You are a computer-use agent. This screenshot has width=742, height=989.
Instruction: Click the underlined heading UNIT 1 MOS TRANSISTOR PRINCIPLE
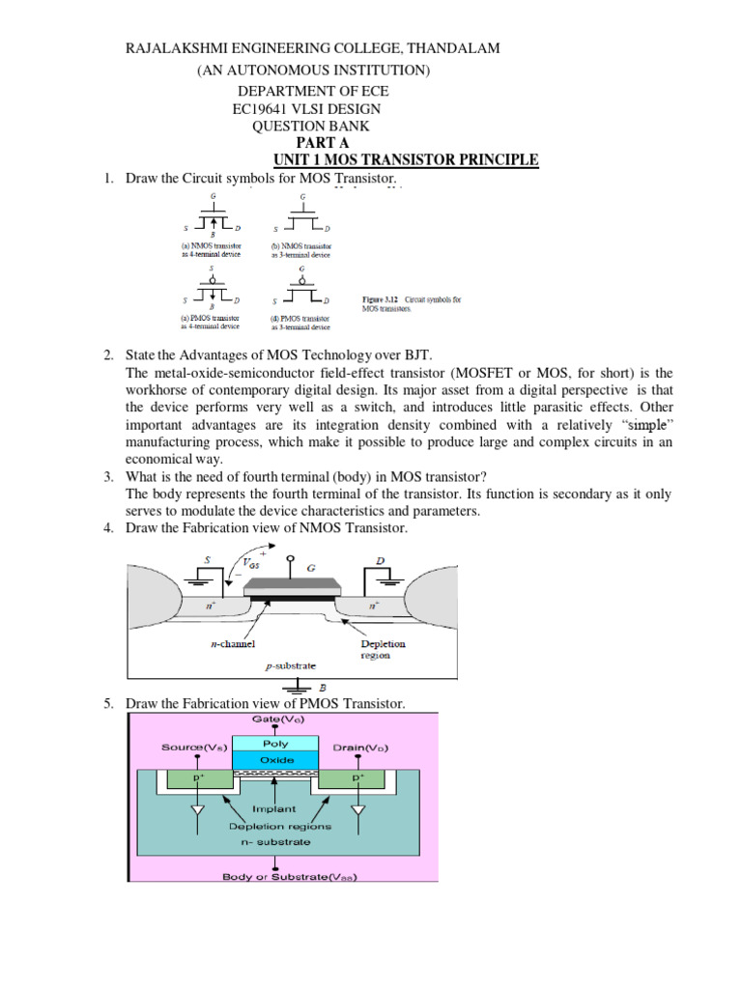[x=406, y=160]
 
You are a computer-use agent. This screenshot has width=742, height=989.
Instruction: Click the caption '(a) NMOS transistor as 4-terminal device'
[x=207, y=250]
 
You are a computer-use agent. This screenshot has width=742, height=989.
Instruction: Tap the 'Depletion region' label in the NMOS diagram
[x=384, y=649]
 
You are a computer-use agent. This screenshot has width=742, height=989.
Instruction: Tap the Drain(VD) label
[x=359, y=748]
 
